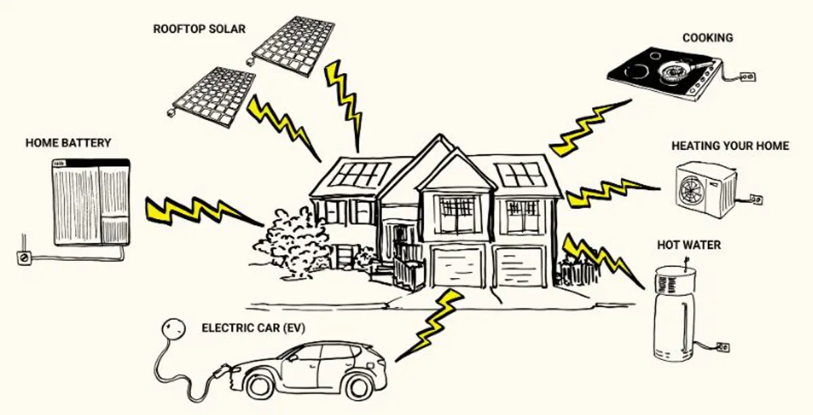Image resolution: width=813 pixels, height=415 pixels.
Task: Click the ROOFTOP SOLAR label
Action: [199, 29]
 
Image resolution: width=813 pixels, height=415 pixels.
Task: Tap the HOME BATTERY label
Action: [68, 143]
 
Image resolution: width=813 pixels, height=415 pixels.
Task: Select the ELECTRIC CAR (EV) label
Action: [253, 328]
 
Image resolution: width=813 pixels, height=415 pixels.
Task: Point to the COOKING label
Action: [707, 38]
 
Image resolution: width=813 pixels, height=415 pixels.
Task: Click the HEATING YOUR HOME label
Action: [730, 146]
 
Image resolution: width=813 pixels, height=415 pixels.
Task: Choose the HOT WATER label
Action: [688, 244]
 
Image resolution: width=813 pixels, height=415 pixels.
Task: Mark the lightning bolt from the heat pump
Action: [610, 193]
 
